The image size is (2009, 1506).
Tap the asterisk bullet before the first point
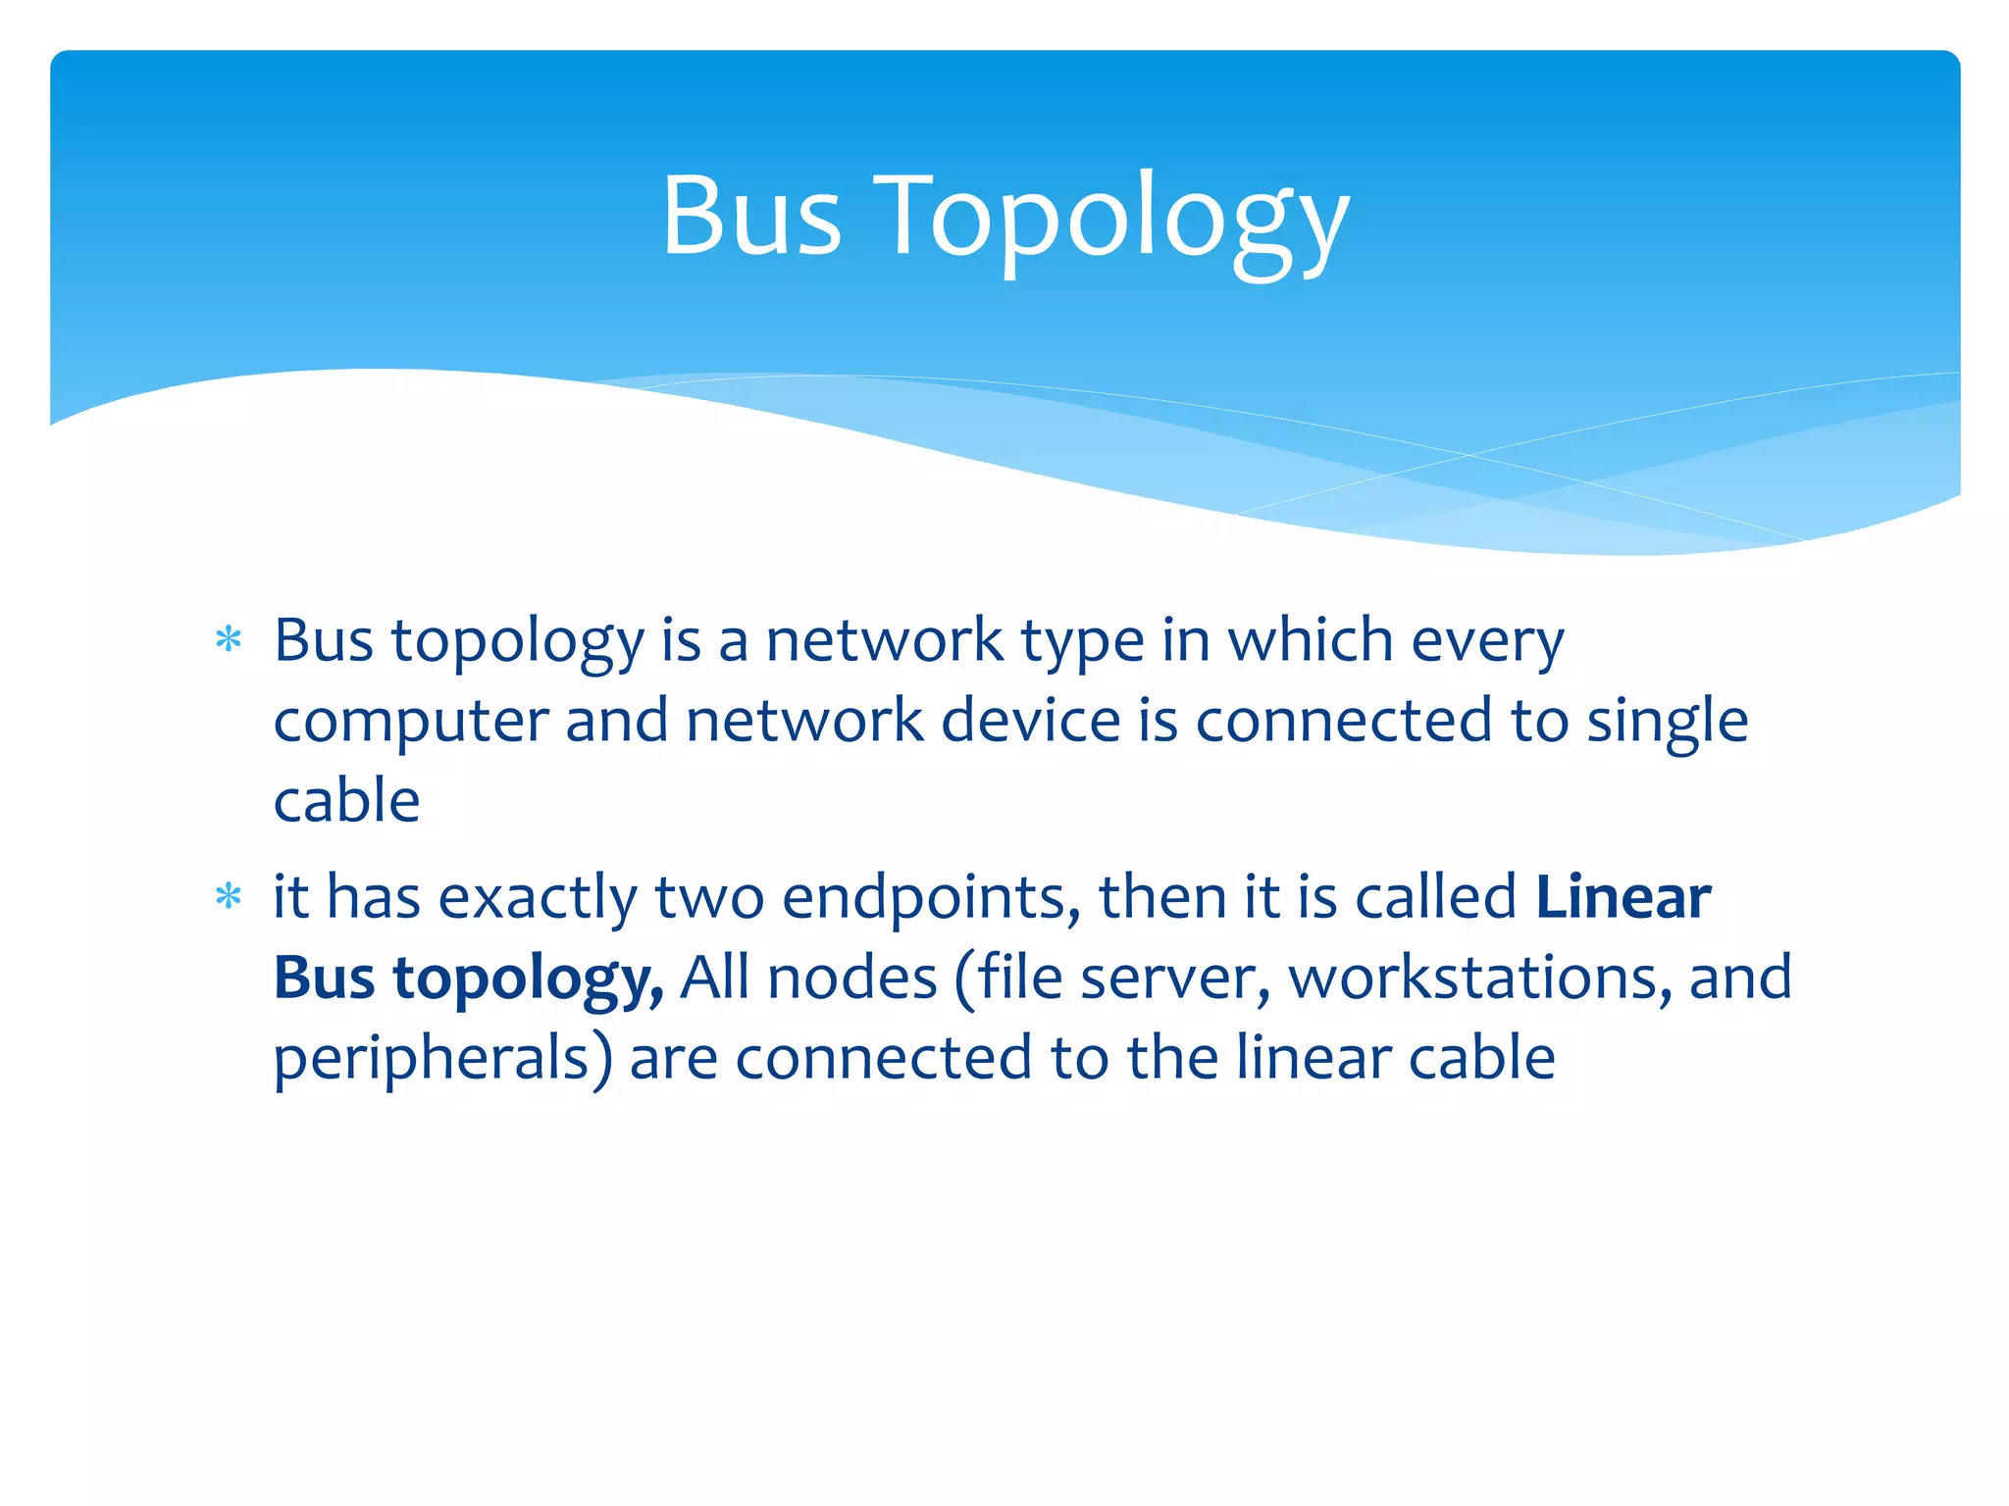coord(229,640)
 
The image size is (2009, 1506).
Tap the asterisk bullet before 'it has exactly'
coord(229,896)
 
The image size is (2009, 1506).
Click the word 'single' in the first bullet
coord(1668,723)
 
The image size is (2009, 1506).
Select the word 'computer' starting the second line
coord(410,723)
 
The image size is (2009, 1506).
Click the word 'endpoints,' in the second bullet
coord(931,898)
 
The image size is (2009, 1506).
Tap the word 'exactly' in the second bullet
coord(538,898)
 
